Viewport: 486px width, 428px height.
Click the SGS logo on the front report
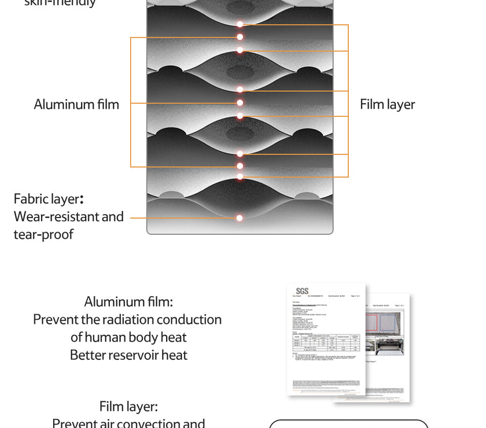click(x=302, y=291)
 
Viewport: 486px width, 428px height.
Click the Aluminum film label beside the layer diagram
click(x=76, y=105)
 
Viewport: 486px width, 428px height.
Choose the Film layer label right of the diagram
click(x=387, y=105)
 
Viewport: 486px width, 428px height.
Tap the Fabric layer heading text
click(x=49, y=199)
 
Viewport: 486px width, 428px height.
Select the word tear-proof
click(x=43, y=235)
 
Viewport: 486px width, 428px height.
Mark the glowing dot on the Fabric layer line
click(x=240, y=218)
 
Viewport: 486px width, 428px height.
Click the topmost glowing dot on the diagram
click(x=240, y=24)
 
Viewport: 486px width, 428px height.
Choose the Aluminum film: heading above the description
click(x=128, y=302)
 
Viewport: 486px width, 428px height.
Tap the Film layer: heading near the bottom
click(x=128, y=407)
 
